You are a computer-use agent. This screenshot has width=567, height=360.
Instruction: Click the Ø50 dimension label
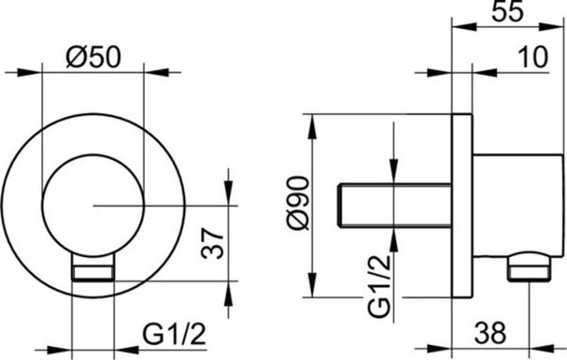(93, 57)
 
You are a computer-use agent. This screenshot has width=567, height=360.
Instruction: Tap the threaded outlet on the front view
(93, 273)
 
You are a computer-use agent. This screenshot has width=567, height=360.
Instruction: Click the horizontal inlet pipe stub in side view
(394, 204)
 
